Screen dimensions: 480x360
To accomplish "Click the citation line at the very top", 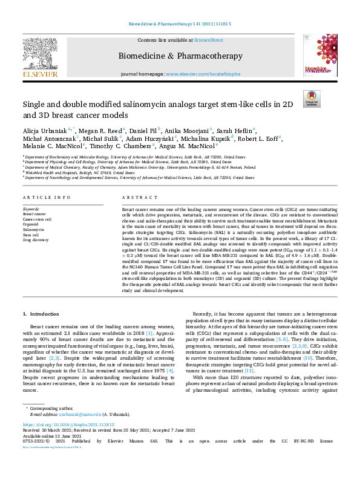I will tap(180, 24).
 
